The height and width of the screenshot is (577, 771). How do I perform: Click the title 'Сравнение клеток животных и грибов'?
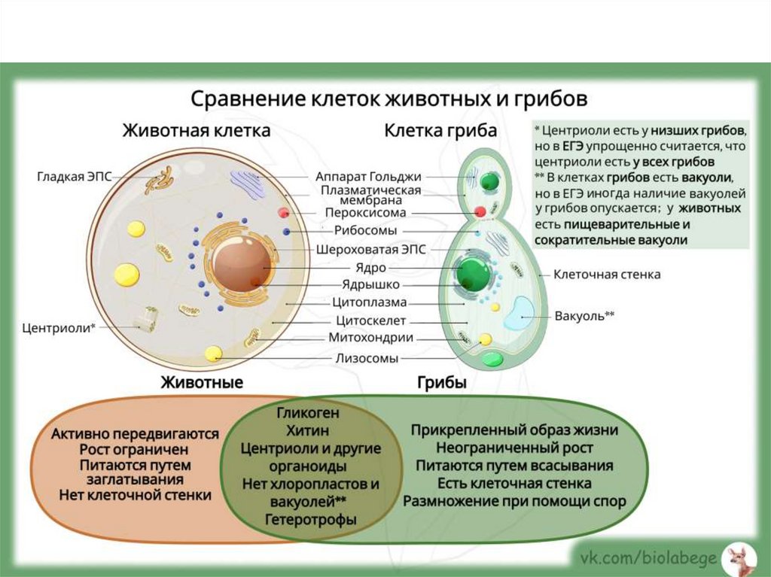click(388, 99)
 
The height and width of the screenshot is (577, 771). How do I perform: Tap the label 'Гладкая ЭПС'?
click(74, 177)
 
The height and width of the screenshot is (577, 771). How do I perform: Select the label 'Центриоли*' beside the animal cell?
click(59, 327)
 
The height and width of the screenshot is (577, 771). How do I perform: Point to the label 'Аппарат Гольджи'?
click(368, 176)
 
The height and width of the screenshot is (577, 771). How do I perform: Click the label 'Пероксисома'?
click(365, 213)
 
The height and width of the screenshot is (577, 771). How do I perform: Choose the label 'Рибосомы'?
click(365, 231)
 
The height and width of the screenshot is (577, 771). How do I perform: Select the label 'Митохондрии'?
click(370, 339)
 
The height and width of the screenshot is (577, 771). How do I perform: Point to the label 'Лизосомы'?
click(367, 358)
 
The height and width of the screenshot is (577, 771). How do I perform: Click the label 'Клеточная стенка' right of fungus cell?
click(607, 275)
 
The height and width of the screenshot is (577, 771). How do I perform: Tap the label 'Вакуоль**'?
click(584, 316)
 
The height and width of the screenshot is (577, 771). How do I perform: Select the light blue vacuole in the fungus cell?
click(519, 312)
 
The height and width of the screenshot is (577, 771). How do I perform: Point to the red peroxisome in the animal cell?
click(283, 213)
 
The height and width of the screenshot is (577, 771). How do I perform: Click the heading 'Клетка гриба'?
click(440, 130)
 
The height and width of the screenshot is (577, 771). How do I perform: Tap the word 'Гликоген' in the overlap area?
click(308, 413)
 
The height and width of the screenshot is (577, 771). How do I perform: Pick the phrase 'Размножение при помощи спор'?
click(514, 501)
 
